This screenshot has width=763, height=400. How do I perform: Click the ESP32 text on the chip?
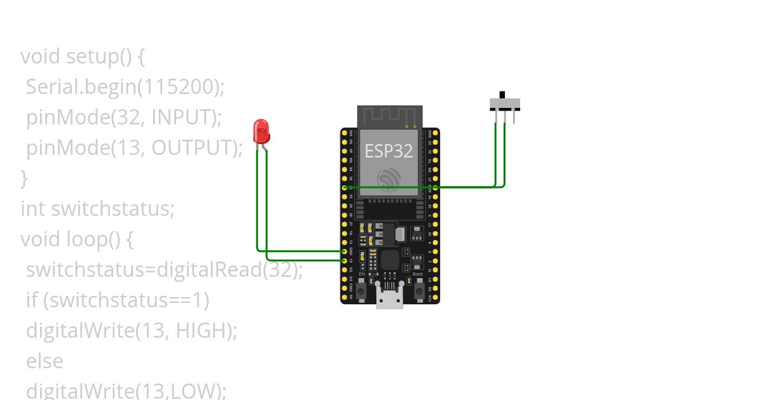pyautogui.click(x=388, y=150)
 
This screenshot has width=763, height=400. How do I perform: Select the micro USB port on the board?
pyautogui.click(x=390, y=298)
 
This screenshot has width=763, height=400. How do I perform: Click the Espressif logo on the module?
pyautogui.click(x=388, y=179)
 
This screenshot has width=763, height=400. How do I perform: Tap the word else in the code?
pyautogui.click(x=45, y=361)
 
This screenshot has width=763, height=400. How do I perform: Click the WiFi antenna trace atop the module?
pyautogui.click(x=389, y=116)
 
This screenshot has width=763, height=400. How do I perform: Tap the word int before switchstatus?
pyautogui.click(x=33, y=209)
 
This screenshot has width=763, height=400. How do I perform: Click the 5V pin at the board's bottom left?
pyautogui.click(x=345, y=297)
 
